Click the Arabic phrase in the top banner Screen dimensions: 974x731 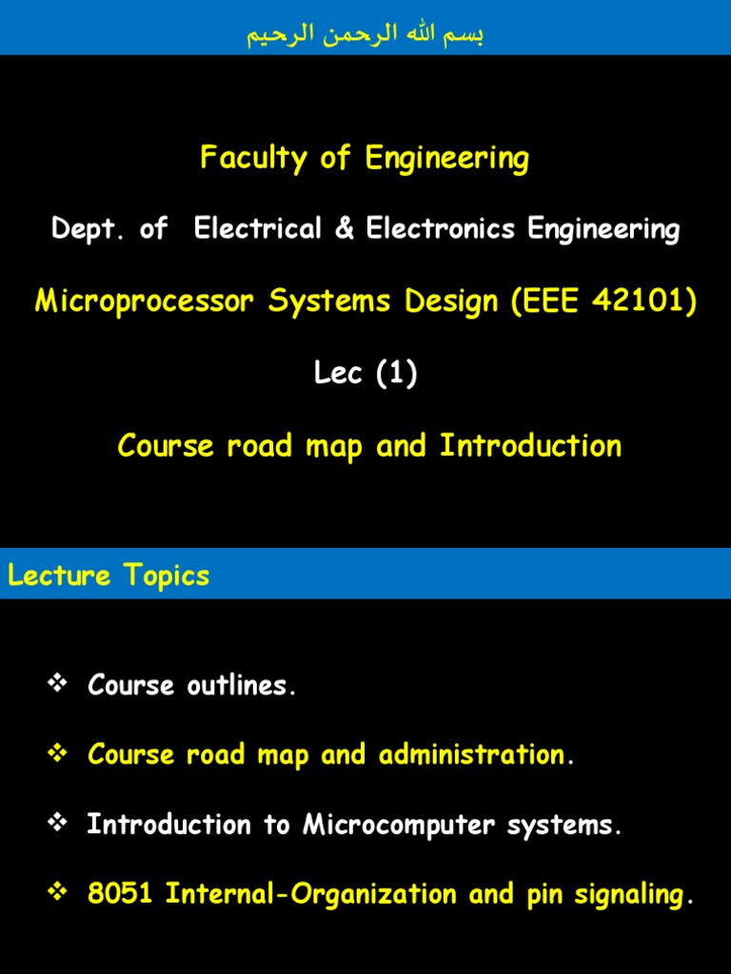click(x=365, y=36)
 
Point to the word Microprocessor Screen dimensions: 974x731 click(x=146, y=302)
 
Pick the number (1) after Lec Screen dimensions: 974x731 click(x=397, y=374)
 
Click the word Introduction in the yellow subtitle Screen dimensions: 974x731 click(x=530, y=446)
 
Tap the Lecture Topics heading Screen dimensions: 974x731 click(x=109, y=575)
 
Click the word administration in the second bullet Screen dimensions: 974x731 click(x=471, y=755)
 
